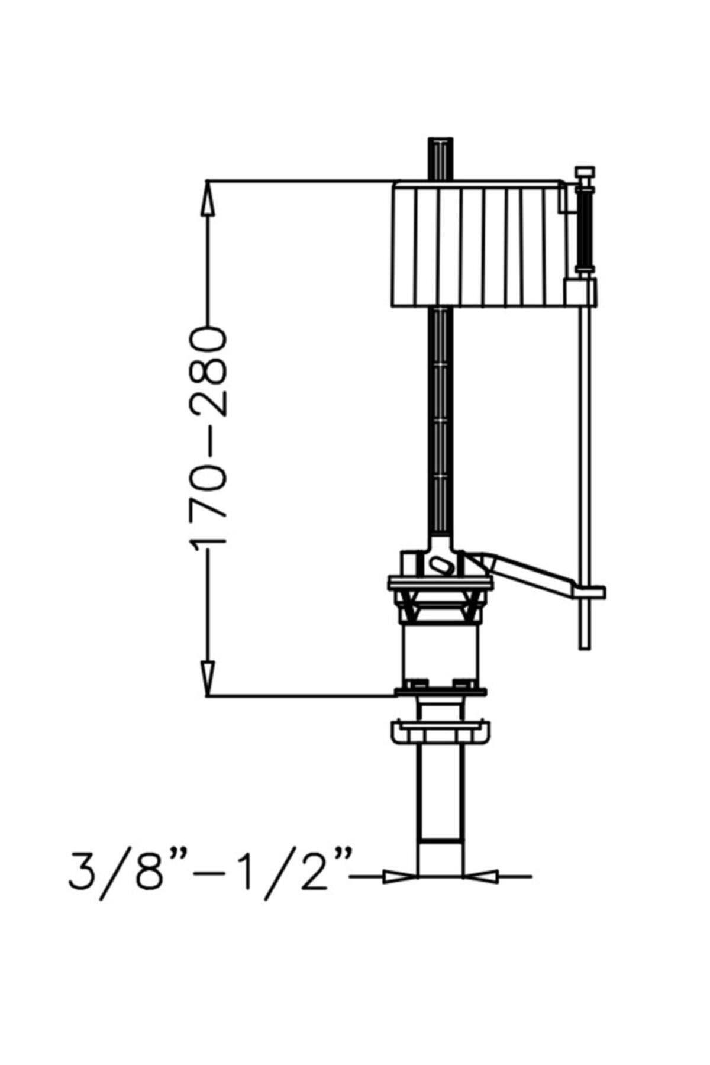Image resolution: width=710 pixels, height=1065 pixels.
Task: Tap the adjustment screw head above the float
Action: [x=585, y=172]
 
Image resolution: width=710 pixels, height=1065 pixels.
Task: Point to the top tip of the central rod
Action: [x=441, y=138]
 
